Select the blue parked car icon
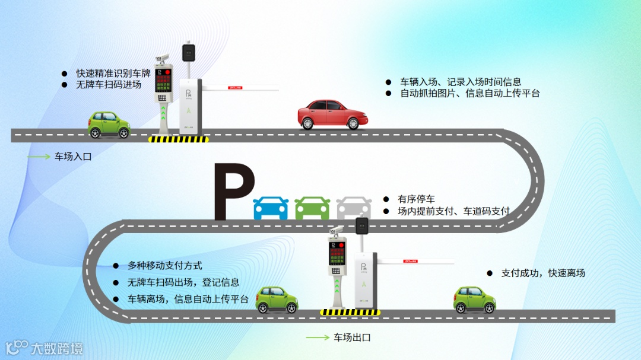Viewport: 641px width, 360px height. tap(271, 208)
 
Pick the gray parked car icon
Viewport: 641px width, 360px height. tap(353, 208)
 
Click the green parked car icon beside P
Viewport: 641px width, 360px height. tap(312, 208)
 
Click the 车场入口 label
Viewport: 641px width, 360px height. tap(74, 157)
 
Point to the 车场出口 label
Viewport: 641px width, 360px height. tap(352, 337)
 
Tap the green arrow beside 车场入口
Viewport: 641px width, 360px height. tap(39, 157)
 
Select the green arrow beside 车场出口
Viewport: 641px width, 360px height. tap(318, 337)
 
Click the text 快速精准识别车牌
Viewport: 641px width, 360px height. tap(113, 74)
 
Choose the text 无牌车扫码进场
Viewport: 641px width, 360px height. tap(109, 85)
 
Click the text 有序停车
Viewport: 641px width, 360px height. tap(416, 199)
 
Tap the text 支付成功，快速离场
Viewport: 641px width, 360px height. tap(543, 273)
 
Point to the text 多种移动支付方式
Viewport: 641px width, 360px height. tap(164, 266)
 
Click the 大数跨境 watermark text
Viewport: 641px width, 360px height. tap(57, 348)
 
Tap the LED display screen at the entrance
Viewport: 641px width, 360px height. tap(163, 79)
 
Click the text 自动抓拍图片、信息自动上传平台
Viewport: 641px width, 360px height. tap(469, 93)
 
